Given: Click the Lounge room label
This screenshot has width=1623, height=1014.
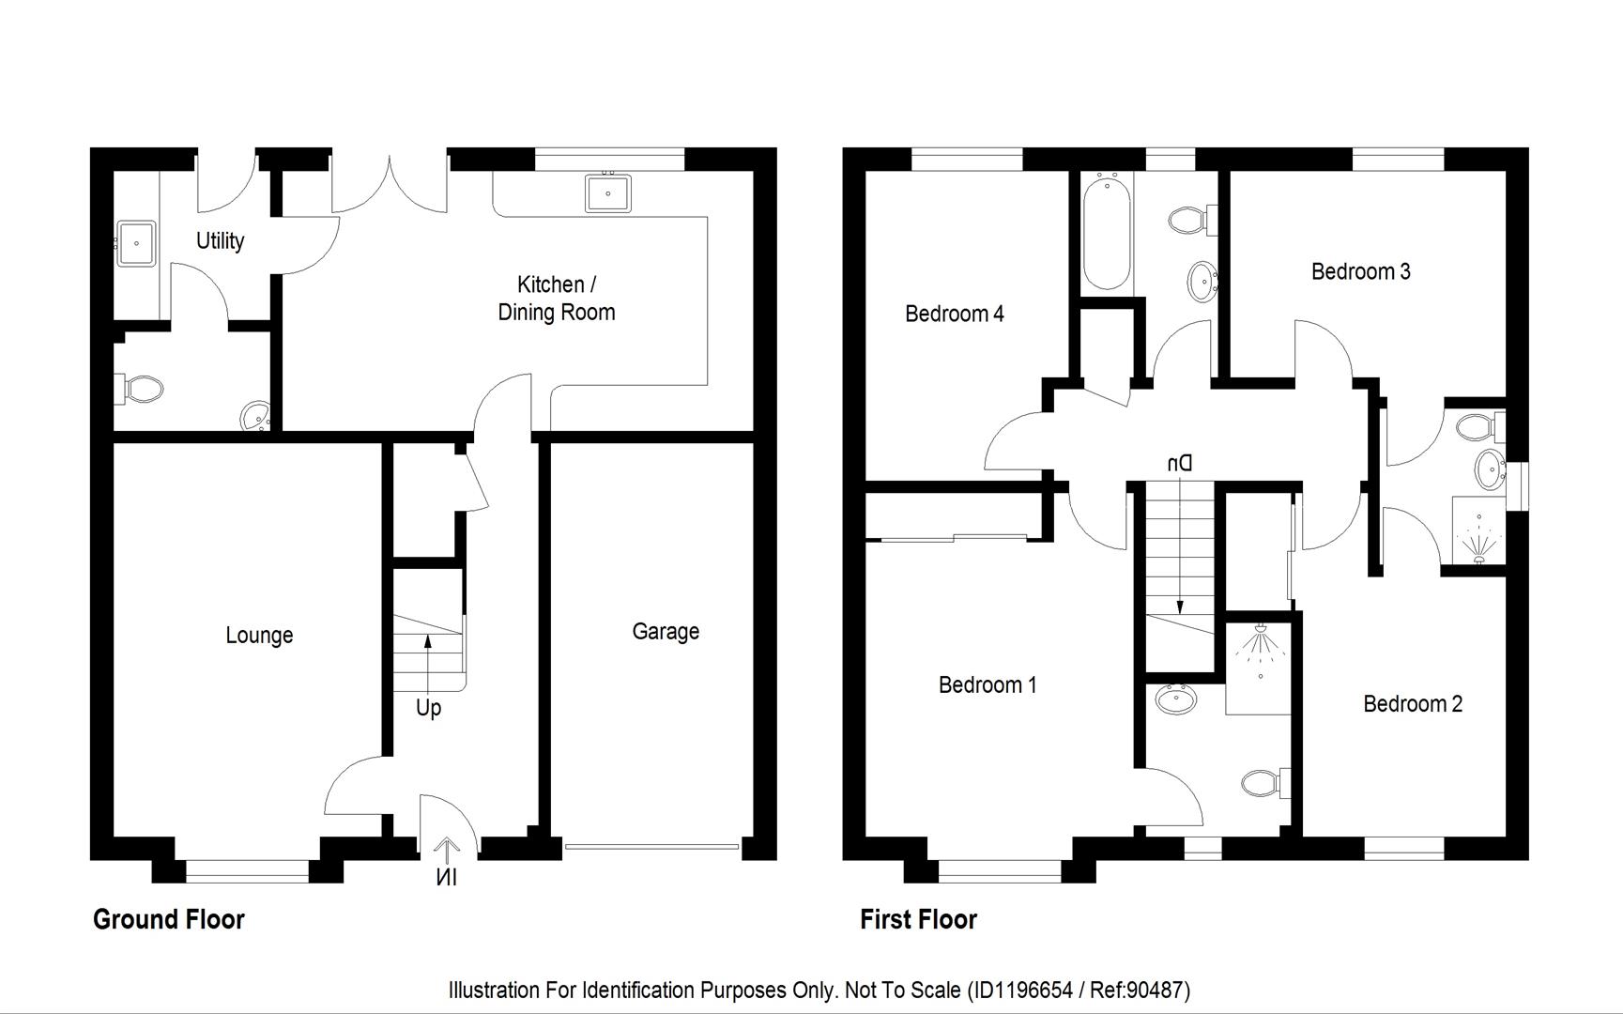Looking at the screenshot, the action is [x=259, y=636].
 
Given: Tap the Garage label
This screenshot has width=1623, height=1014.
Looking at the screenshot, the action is [x=666, y=632].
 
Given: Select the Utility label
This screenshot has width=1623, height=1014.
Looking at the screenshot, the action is [x=221, y=241].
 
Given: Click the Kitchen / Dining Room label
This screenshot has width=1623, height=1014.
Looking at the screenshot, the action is [x=557, y=299].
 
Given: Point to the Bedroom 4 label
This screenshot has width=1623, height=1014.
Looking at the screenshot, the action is [x=955, y=314].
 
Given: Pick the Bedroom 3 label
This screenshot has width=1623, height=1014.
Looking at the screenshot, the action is [x=1361, y=271].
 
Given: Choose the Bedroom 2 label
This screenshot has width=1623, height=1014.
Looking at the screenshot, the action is [x=1413, y=704].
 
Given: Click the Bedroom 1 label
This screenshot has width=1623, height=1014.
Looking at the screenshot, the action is [x=988, y=685].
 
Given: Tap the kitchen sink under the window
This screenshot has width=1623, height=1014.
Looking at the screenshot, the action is [x=608, y=193].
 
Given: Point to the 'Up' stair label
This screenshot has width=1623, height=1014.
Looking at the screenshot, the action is [x=428, y=708].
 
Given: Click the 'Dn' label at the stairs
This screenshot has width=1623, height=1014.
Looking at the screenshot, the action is [x=1179, y=463].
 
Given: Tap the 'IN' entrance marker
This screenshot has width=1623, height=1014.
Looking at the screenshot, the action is [x=447, y=878].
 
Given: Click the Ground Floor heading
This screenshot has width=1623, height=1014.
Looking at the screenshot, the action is [x=169, y=919].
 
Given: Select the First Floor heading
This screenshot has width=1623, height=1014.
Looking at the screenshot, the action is [x=918, y=919].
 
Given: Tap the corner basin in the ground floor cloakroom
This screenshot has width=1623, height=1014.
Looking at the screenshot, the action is [x=255, y=415].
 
